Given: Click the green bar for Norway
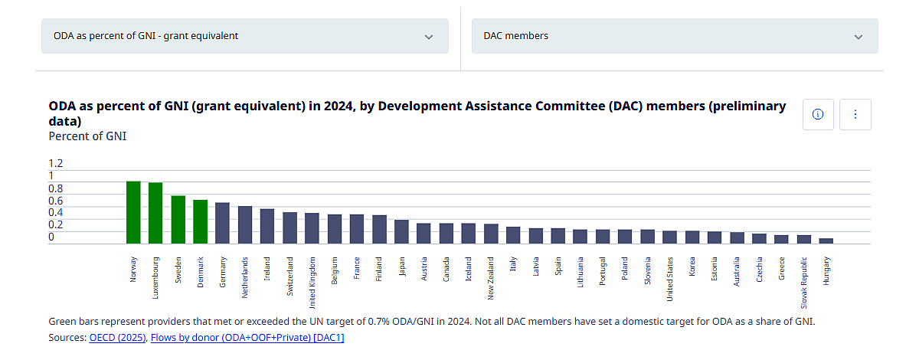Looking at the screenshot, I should (133, 212).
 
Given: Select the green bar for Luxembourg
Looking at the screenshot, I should (155, 213).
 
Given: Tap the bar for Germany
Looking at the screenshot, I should (223, 223).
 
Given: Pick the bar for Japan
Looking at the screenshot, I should (401, 231).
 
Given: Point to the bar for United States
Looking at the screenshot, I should (670, 237).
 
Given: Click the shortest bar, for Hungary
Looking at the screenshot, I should (826, 241).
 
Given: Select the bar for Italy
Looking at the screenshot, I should (513, 235).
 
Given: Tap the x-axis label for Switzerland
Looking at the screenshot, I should (290, 274).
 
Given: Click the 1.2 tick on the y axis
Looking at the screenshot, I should (56, 163).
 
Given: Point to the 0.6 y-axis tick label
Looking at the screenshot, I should (56, 201).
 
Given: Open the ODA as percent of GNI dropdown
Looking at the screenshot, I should (244, 36).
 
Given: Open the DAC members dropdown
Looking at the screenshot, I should (674, 36).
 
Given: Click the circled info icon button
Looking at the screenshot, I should (817, 114).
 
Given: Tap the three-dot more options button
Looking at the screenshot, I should (855, 114).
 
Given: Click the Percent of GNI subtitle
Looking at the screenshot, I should (87, 136).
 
